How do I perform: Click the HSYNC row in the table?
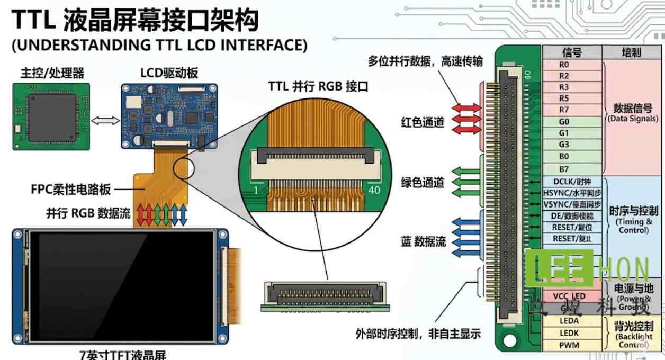coord(572,193)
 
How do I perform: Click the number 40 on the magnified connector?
coord(373,190)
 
